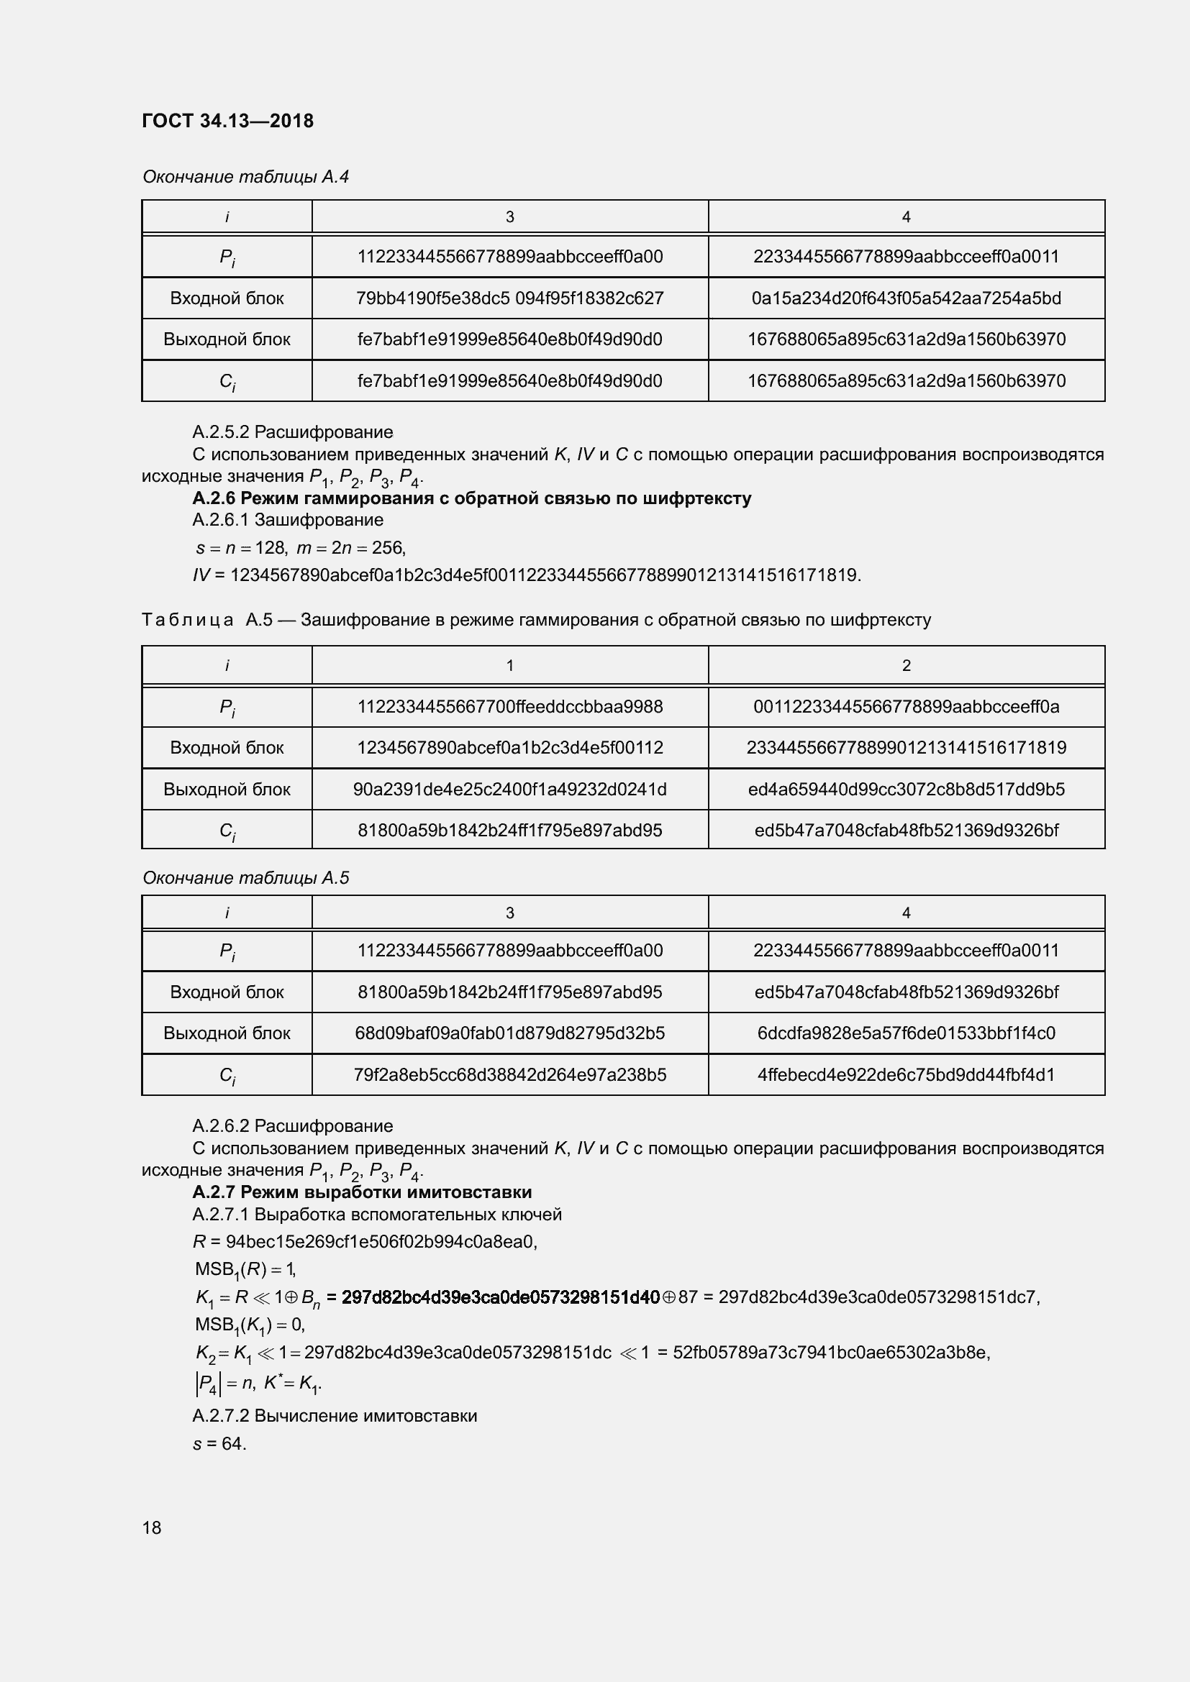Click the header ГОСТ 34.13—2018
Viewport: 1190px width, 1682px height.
coord(227,121)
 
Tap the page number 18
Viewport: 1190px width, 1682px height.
coord(152,1527)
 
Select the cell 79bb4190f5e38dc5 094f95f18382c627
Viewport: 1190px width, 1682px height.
coord(509,298)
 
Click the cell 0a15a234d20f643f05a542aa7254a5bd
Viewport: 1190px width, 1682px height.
coord(906,298)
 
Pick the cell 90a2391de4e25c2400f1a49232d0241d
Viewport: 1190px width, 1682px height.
coord(509,789)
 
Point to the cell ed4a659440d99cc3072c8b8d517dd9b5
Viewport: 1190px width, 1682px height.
coord(906,789)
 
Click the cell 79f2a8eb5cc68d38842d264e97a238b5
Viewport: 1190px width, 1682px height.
coord(509,1074)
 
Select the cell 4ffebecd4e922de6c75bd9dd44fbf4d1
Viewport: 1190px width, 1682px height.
coord(906,1074)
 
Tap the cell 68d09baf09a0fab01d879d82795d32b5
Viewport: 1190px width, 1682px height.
coord(509,1033)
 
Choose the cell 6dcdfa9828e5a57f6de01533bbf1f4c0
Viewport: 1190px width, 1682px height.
coord(906,1033)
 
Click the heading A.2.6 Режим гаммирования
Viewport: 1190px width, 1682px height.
coord(471,498)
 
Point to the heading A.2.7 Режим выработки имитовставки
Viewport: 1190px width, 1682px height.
coord(362,1192)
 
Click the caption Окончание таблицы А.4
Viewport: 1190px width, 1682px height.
coord(245,177)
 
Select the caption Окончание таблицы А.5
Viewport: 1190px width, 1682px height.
coord(245,877)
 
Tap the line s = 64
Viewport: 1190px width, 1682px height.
coord(219,1444)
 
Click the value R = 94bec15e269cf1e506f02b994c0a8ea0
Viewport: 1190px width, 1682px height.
coord(365,1242)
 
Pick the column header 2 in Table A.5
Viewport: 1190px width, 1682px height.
coord(906,665)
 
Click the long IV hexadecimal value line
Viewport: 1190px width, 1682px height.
coord(526,575)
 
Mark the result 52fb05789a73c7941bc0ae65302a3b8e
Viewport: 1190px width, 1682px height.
coord(830,1353)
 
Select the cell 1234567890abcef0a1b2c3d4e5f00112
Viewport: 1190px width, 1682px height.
coord(509,747)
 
